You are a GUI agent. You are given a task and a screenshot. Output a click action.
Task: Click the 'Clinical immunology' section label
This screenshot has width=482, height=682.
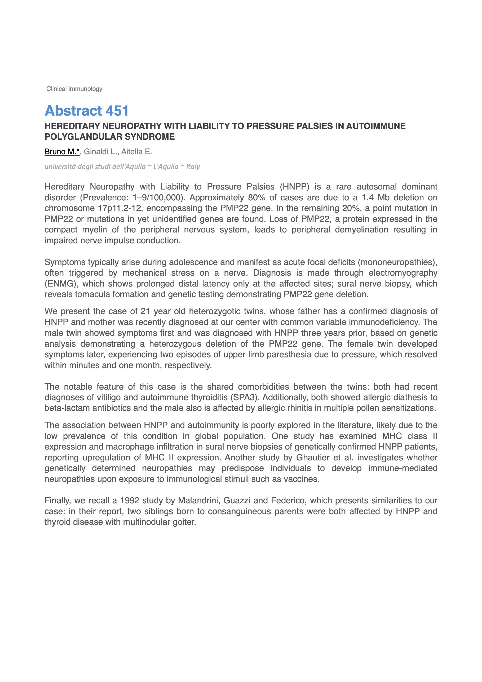(74, 89)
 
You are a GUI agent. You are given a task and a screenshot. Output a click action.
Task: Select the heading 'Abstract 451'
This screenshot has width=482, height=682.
(87, 111)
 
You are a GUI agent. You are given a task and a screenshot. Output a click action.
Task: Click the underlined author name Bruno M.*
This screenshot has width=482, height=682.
(62, 152)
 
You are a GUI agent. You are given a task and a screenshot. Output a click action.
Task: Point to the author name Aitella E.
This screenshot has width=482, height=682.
(137, 152)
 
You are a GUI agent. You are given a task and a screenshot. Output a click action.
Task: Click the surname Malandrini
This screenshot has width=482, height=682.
(198, 500)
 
